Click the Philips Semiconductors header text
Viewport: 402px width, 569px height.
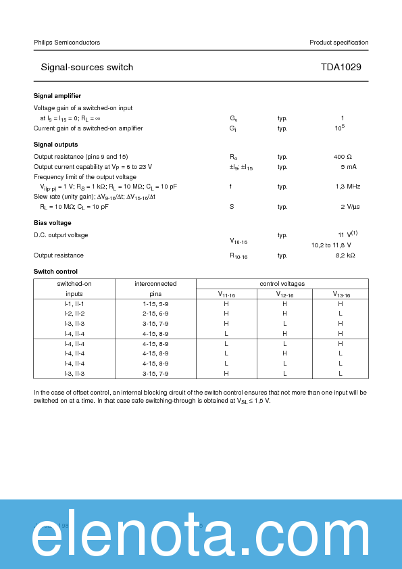(67, 43)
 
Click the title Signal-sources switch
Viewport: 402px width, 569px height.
(87, 68)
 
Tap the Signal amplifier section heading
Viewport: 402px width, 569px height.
(57, 96)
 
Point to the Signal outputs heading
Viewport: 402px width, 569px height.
(55, 145)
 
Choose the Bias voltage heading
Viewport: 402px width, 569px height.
(53, 223)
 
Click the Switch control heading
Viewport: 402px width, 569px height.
(55, 272)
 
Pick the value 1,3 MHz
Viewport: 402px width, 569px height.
(347, 187)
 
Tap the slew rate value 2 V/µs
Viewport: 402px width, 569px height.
(350, 207)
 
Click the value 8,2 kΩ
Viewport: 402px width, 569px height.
(345, 255)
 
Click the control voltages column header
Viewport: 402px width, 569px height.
(282, 284)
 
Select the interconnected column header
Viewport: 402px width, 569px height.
(155, 284)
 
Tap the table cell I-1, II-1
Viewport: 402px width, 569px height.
(74, 304)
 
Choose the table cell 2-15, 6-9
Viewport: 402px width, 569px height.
(155, 314)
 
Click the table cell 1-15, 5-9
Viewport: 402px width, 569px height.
(155, 304)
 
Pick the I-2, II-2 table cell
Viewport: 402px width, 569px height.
(74, 314)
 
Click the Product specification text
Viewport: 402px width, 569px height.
(338, 43)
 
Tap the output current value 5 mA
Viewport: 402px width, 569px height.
(348, 167)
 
